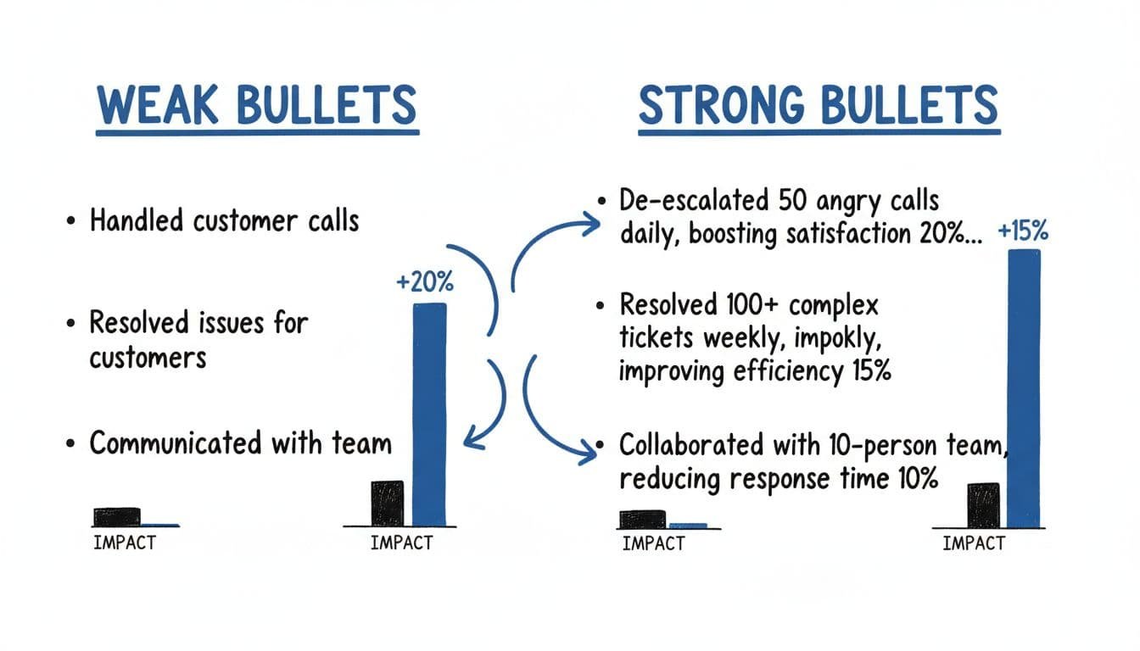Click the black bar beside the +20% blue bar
coord(388,503)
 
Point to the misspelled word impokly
coord(826,337)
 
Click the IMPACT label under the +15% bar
coord(973,543)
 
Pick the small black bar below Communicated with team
coord(116,516)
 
